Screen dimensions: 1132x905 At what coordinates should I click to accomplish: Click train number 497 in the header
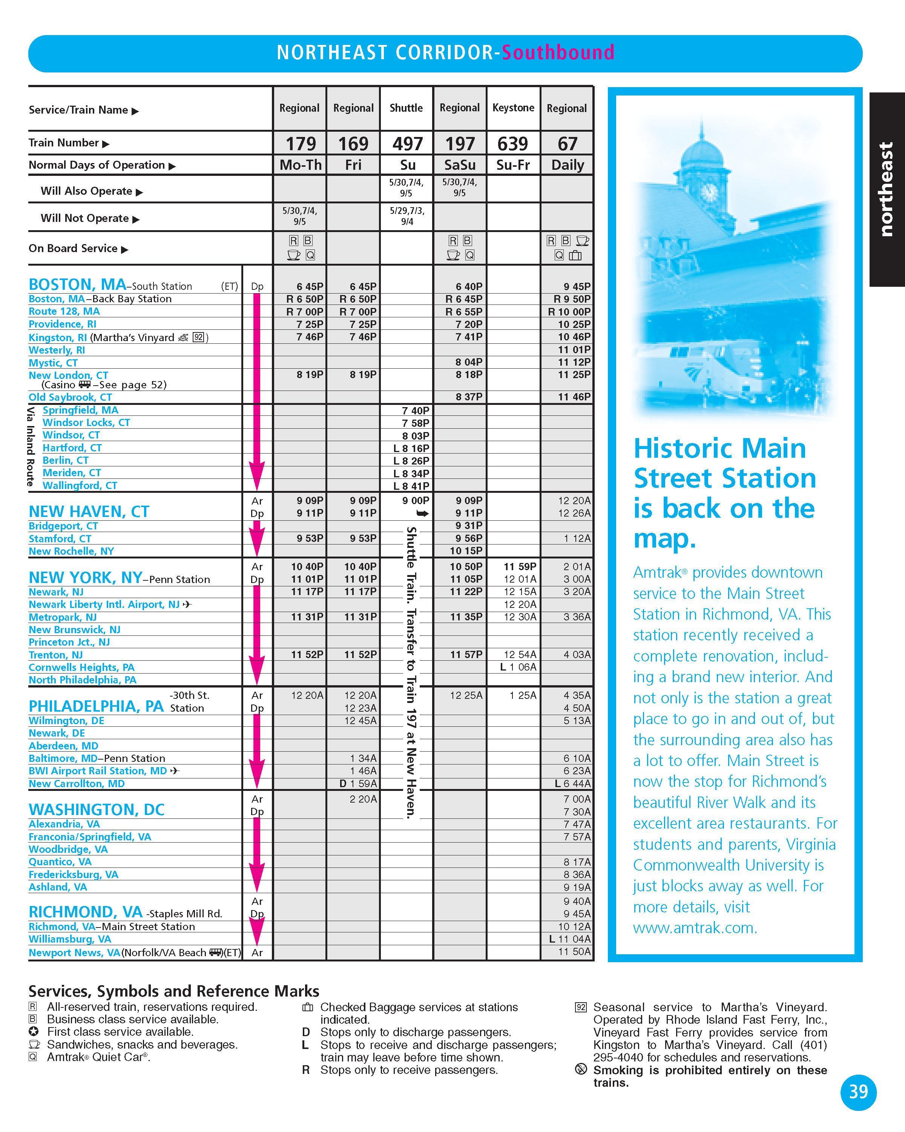point(407,143)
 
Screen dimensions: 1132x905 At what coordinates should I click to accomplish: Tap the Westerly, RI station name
point(57,350)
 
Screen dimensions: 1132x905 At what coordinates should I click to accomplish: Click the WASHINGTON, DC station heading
point(97,810)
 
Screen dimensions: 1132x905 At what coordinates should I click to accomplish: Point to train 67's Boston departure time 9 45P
point(577,287)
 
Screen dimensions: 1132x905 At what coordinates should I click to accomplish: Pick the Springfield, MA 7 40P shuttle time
point(416,411)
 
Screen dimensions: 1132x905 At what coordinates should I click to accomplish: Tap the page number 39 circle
point(858,1092)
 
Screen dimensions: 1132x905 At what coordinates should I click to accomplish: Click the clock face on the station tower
point(709,192)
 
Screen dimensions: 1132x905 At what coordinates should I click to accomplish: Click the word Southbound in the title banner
point(558,52)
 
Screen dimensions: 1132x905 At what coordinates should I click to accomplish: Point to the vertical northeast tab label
point(886,189)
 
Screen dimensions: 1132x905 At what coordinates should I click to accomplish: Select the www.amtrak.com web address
point(695,928)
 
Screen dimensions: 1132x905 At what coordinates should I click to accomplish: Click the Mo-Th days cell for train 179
point(300,165)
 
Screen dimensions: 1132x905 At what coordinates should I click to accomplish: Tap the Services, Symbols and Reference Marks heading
point(174,991)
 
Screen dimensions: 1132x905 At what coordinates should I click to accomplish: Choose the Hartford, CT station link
point(72,448)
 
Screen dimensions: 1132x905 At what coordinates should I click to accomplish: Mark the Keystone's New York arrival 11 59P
point(520,566)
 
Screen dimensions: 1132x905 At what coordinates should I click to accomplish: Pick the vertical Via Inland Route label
point(31,446)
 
